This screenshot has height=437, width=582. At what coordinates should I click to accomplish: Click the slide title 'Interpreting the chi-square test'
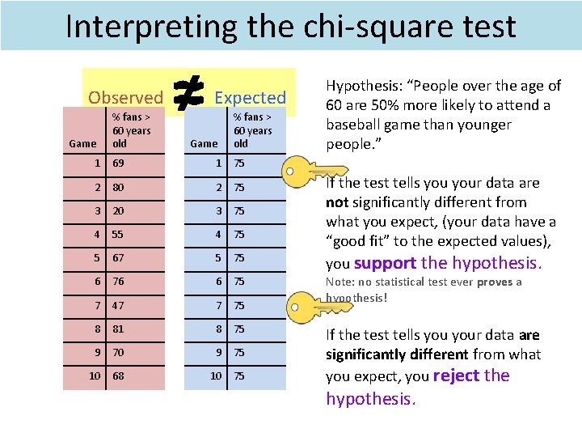point(290,27)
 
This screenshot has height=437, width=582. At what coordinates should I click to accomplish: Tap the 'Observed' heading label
point(125,98)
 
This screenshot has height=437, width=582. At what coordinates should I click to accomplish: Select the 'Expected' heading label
point(250,98)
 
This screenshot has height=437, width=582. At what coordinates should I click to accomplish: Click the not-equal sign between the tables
point(189,95)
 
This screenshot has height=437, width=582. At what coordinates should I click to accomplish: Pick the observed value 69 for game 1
point(119,164)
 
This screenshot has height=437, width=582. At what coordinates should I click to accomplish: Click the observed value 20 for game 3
point(119,211)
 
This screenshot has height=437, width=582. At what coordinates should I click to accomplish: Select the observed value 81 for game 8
point(119,329)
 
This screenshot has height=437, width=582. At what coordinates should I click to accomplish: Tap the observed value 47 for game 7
point(119,306)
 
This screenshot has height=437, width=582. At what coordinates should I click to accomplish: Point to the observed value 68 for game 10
point(119,376)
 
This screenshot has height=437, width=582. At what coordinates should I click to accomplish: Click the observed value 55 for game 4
point(119,235)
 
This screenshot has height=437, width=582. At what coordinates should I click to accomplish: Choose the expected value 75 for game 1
point(239,164)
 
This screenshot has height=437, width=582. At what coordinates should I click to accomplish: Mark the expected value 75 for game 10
point(239,376)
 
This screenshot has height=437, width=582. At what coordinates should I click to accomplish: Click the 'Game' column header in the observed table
point(82,143)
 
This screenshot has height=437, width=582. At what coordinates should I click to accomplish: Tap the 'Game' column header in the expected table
point(203,143)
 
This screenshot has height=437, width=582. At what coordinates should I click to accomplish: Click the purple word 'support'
point(385,263)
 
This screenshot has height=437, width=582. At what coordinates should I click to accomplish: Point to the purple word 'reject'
point(457,375)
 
